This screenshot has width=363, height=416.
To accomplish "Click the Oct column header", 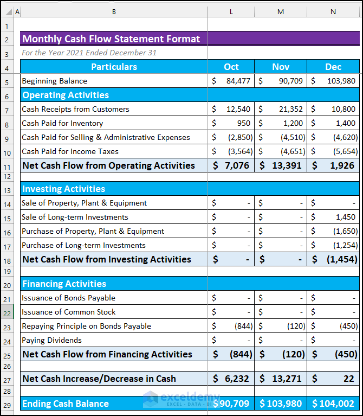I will tap(231, 67).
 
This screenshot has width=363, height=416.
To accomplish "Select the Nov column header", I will tap(281, 67).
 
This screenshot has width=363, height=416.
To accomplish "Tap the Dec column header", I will tap(333, 67).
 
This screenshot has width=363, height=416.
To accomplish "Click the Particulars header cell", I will tap(114, 67).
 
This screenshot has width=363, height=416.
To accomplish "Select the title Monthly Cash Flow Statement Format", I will tap(111, 39).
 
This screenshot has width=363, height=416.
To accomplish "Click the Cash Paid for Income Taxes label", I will tap(70, 151).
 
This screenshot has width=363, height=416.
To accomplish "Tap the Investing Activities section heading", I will tap(64, 189).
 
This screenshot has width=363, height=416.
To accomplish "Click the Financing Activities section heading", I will tap(64, 284).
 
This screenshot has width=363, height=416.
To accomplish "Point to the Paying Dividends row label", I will tap(52, 340).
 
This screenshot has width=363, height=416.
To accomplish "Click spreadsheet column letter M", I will tap(281, 11).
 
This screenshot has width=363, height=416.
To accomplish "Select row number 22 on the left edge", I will tap(7, 312).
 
